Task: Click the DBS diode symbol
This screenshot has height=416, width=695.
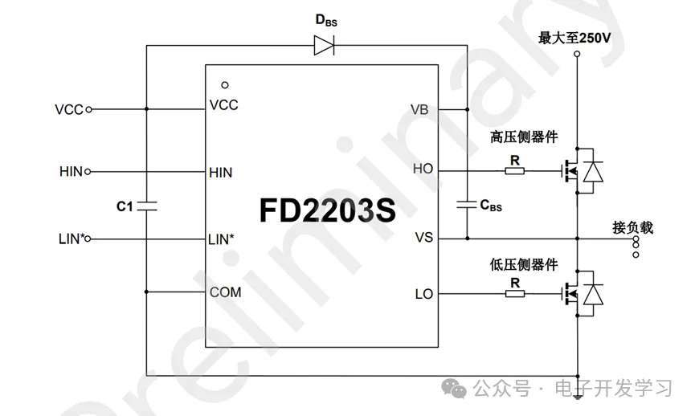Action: coord(324,47)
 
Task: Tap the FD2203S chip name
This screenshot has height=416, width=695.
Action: coord(327,211)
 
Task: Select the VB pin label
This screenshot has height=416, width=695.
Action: coord(420,109)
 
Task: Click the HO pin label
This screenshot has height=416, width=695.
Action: coord(423,169)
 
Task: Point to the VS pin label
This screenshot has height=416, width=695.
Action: coord(423,238)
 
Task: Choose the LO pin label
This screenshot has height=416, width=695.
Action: coord(423,294)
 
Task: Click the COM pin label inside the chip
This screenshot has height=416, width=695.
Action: coord(225,292)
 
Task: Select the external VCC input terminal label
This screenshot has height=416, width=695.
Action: coord(69,109)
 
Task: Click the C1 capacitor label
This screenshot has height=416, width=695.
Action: coord(124,207)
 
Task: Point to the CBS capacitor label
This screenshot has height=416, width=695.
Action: coord(490,205)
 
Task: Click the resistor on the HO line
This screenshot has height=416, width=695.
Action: coord(514,170)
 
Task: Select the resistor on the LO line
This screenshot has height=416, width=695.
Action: coord(515,294)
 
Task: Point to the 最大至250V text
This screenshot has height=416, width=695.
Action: coord(575,38)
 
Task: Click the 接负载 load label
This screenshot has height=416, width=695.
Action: coord(632,227)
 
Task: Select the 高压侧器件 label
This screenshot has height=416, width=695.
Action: coord(524,137)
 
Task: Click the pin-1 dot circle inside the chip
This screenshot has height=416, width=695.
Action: coord(225,84)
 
